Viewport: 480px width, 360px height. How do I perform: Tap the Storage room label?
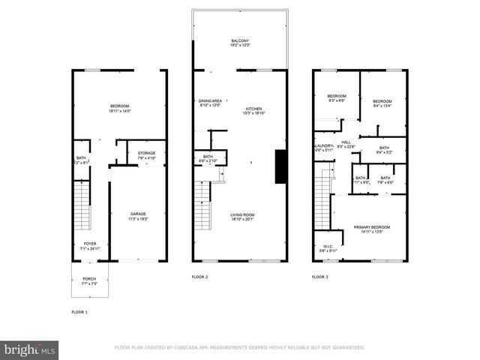(x=147, y=153)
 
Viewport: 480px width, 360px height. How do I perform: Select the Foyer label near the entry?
(x=89, y=244)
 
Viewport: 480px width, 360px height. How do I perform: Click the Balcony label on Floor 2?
(x=241, y=40)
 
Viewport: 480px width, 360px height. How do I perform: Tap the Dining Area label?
(x=210, y=100)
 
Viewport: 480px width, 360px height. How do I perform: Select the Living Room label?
(x=242, y=215)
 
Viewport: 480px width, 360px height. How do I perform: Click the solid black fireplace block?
(x=280, y=166)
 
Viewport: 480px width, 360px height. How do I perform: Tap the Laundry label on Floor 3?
(x=322, y=145)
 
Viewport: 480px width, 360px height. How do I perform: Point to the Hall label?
(x=346, y=142)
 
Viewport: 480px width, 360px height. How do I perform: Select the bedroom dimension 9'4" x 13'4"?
(x=382, y=106)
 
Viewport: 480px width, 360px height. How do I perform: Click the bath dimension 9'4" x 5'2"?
(x=384, y=152)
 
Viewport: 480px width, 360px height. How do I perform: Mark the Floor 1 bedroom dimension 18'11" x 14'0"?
(x=120, y=111)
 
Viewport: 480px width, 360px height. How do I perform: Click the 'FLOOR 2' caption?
(x=200, y=277)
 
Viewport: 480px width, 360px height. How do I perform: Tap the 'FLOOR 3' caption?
(x=319, y=277)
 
